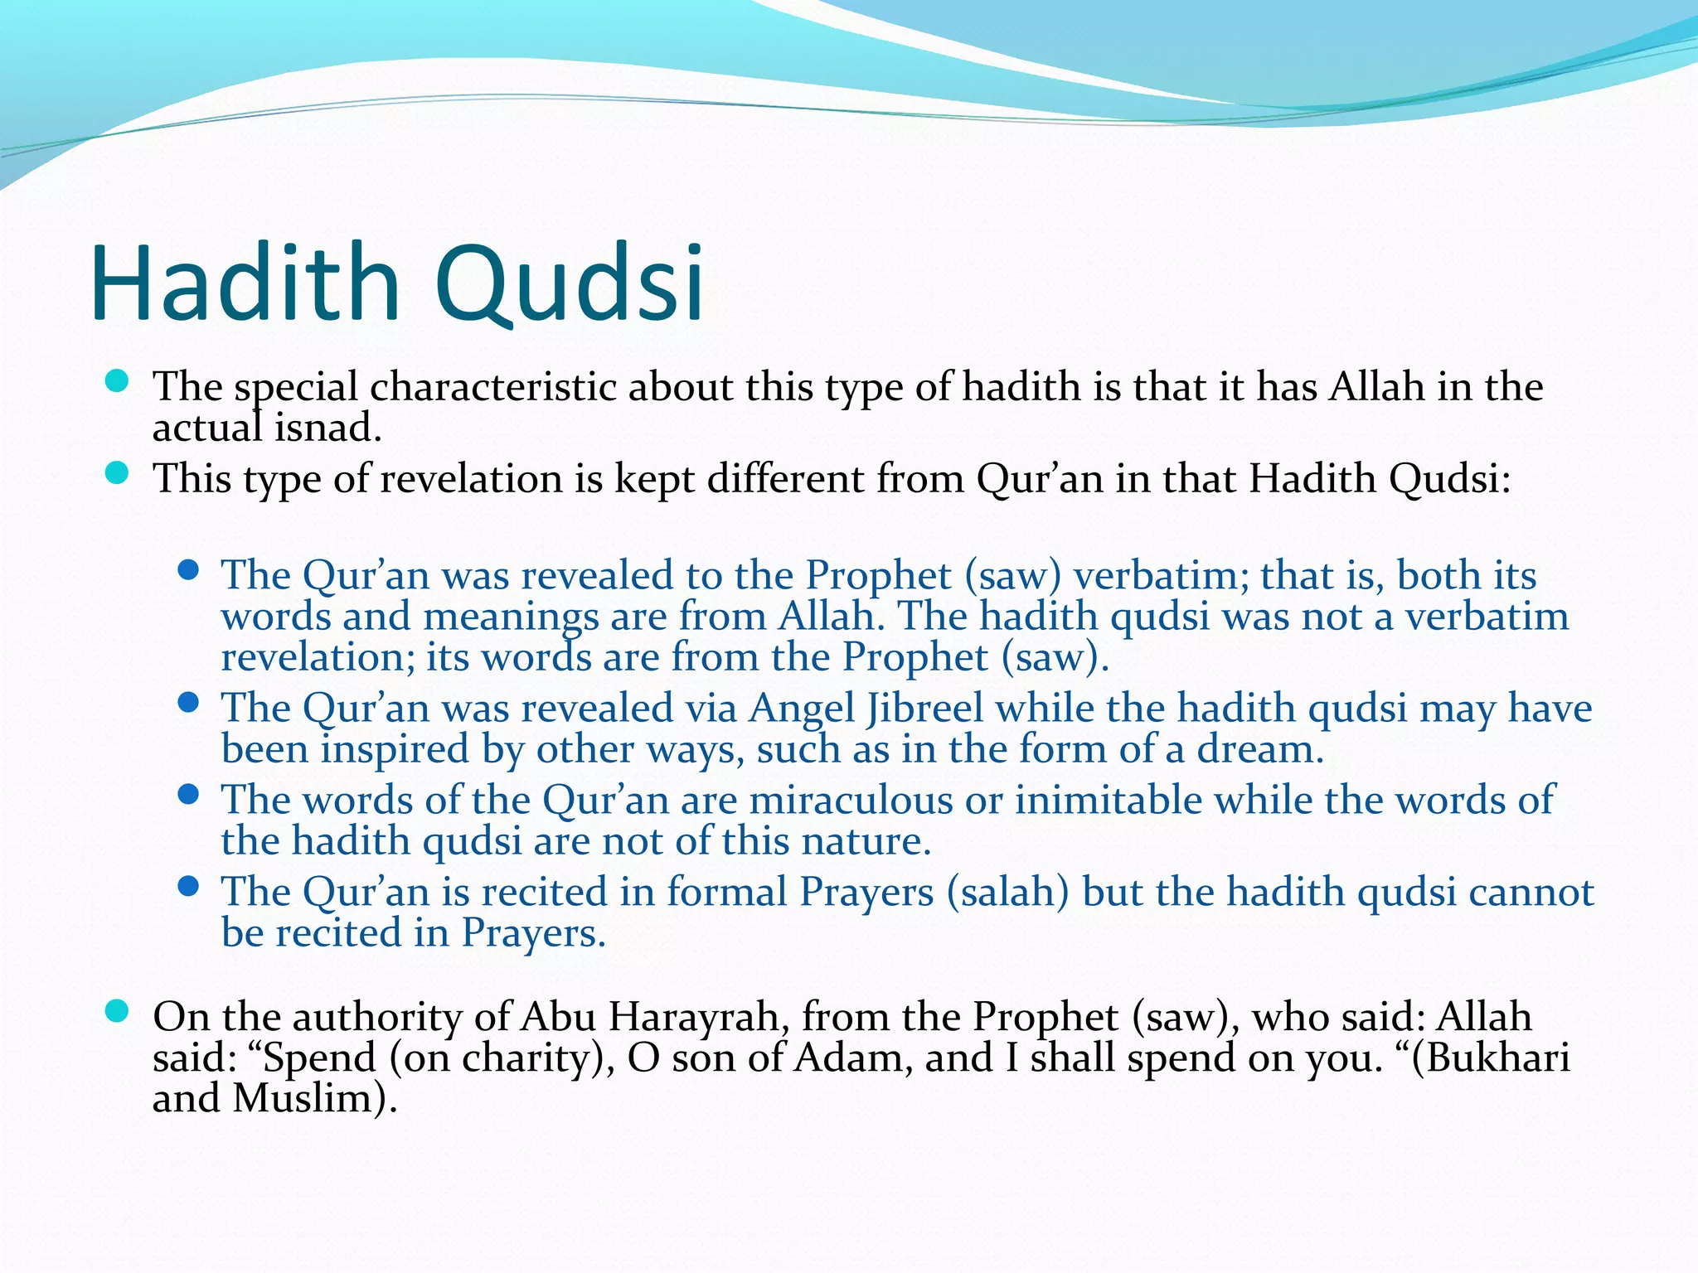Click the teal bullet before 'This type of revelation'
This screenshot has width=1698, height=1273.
point(118,473)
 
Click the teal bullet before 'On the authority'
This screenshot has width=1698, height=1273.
point(118,1011)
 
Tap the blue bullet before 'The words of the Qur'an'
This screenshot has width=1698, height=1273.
point(189,795)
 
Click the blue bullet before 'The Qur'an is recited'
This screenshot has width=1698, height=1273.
point(189,887)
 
